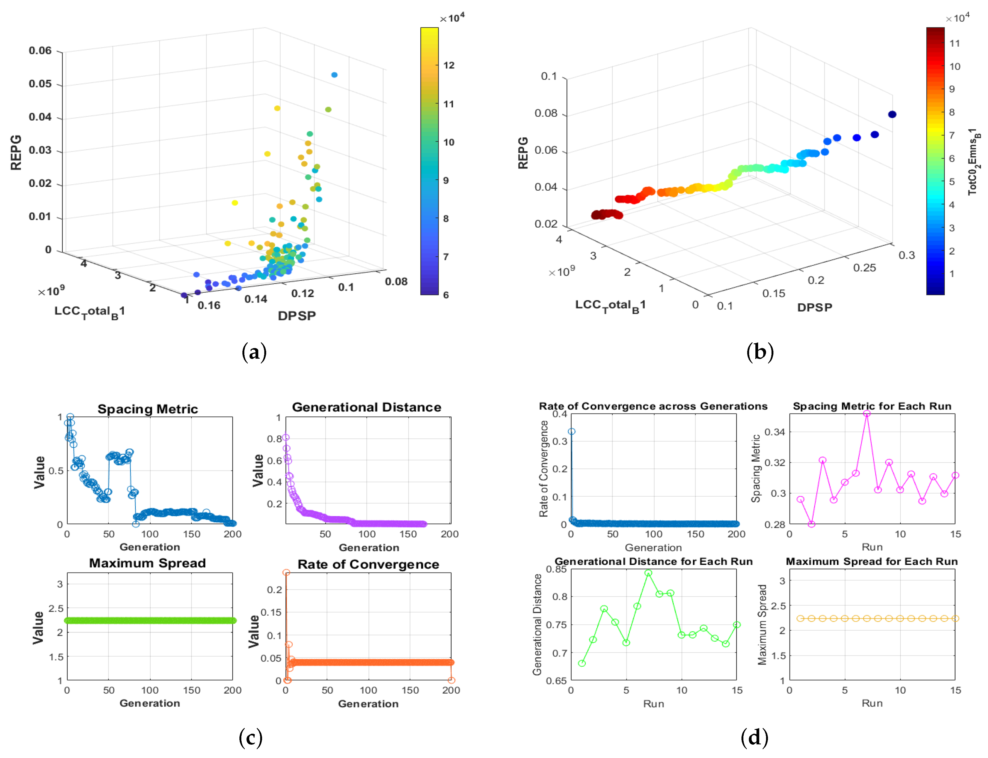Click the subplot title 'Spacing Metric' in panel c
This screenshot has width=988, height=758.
click(x=148, y=409)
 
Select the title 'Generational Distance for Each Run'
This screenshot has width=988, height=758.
click(x=653, y=561)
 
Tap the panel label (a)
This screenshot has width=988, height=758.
click(x=254, y=352)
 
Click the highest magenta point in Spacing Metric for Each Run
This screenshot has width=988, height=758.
click(x=867, y=413)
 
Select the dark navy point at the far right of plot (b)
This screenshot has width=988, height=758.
click(x=892, y=114)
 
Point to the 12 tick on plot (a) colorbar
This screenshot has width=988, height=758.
click(x=448, y=65)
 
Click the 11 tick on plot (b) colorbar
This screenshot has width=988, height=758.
click(x=954, y=43)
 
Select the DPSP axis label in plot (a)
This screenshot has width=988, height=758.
click(x=297, y=316)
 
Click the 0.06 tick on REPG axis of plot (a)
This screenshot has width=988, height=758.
click(x=40, y=50)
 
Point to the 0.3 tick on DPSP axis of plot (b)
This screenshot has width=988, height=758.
click(x=906, y=255)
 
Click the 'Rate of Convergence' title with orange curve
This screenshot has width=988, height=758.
click(x=368, y=564)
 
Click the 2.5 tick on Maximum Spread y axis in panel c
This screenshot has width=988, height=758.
click(x=56, y=608)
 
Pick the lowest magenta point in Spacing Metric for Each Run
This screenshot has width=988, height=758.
click(x=811, y=524)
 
